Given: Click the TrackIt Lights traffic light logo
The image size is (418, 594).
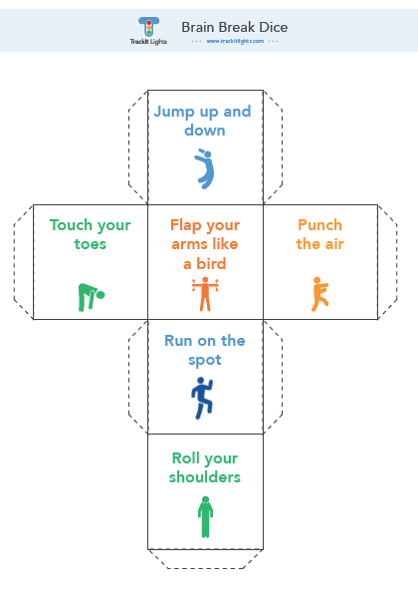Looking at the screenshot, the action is (x=148, y=27).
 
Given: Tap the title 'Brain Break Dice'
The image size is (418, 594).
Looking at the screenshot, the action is (x=235, y=27).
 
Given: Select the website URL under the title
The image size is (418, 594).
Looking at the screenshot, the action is (x=235, y=41).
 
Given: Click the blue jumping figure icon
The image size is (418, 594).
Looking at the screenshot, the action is (x=204, y=168).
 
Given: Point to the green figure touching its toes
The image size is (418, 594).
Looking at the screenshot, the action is (x=91, y=297).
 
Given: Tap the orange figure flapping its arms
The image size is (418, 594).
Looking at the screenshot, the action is (x=205, y=294).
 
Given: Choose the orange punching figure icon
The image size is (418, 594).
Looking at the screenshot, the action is (x=319, y=294).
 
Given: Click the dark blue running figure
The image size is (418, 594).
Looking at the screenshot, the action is (x=202, y=398).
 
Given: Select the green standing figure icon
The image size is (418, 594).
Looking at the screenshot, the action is (x=205, y=516).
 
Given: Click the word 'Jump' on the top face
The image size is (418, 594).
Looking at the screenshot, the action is (x=174, y=112).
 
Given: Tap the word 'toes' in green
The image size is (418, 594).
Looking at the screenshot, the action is (x=90, y=244).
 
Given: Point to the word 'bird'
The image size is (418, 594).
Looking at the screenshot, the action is (x=211, y=264).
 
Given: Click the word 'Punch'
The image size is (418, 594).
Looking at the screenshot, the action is (x=320, y=225).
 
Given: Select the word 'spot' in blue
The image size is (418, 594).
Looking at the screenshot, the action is (x=205, y=360).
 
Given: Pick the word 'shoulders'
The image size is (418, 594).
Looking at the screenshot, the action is (x=205, y=477).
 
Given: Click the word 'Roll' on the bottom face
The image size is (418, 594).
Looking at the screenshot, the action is (x=184, y=458).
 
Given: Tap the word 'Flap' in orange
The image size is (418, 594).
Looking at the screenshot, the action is (x=186, y=225).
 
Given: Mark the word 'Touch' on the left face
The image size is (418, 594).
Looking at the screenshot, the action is (x=71, y=225).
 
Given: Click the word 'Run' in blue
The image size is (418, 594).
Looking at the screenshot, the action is (x=178, y=341).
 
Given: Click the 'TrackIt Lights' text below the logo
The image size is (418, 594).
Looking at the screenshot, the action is (x=148, y=41).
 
